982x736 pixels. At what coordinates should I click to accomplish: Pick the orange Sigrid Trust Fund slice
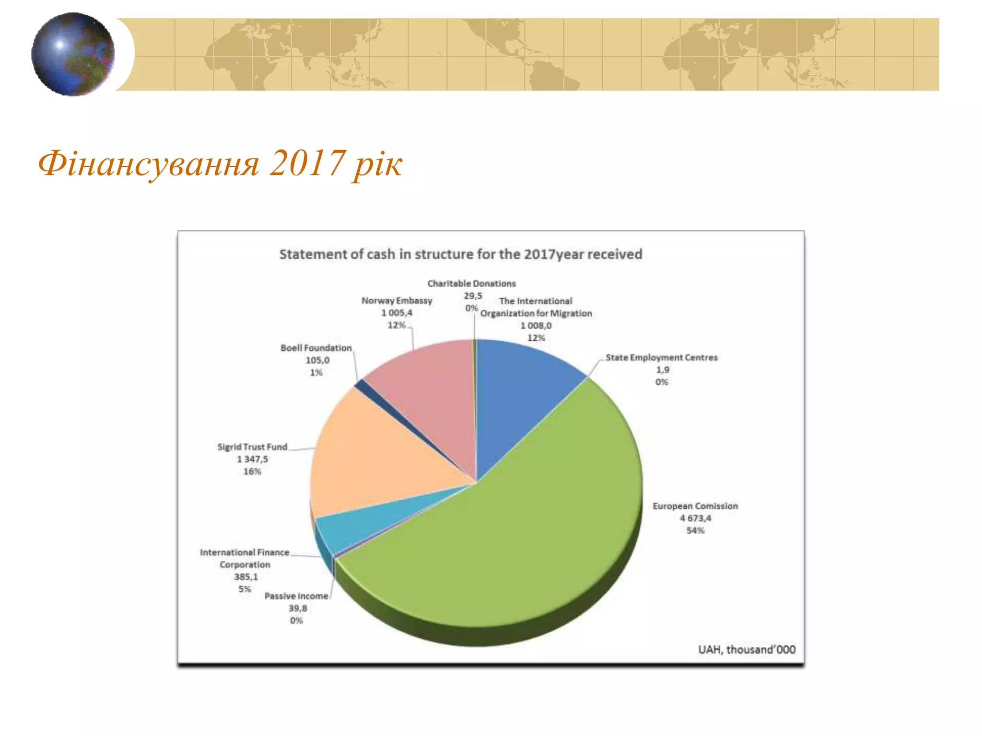coord(374,455)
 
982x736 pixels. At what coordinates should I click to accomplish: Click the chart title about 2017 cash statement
coord(460,254)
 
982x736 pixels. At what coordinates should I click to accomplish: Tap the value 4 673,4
coord(695,518)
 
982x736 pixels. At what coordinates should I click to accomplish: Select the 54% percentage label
coord(695,530)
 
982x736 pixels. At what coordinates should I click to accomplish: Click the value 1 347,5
coord(252,459)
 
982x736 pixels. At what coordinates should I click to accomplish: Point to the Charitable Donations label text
coord(471,284)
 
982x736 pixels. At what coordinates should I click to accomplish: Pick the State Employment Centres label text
coord(661,357)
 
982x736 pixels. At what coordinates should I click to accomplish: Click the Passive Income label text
coord(296,596)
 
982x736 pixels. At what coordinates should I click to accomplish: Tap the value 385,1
coord(245,577)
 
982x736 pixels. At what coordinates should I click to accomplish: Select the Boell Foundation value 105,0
coord(317,360)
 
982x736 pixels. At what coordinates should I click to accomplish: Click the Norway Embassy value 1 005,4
coord(397,313)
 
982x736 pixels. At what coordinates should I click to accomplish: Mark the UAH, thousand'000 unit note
coord(747,650)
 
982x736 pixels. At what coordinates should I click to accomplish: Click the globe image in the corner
coord(73,54)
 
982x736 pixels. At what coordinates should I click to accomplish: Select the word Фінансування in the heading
coord(149,164)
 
